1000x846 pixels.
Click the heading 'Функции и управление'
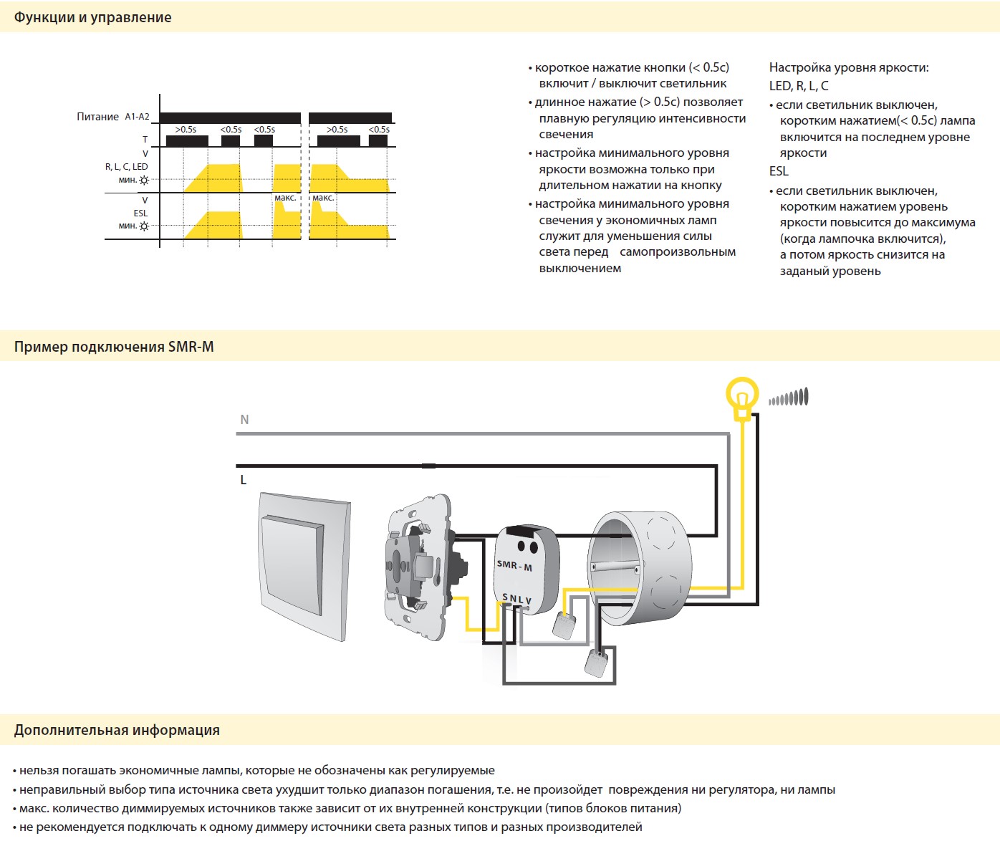92,17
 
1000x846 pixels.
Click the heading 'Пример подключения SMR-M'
114,347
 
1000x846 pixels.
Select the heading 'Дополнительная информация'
117,730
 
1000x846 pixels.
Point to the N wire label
244,420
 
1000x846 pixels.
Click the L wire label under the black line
244,480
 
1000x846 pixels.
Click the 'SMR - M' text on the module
514,565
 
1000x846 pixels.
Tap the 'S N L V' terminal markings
516,599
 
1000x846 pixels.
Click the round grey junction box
640,567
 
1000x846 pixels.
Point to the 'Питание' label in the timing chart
97,117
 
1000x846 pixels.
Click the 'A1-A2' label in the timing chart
138,117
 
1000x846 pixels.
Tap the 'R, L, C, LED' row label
126,167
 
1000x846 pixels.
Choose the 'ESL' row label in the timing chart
141,213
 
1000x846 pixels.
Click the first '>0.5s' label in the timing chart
186,130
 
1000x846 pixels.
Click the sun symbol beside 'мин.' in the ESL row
144,226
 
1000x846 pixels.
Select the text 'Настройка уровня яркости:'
849,68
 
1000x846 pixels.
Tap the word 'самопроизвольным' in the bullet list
678,252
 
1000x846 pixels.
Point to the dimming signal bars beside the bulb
789,398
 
